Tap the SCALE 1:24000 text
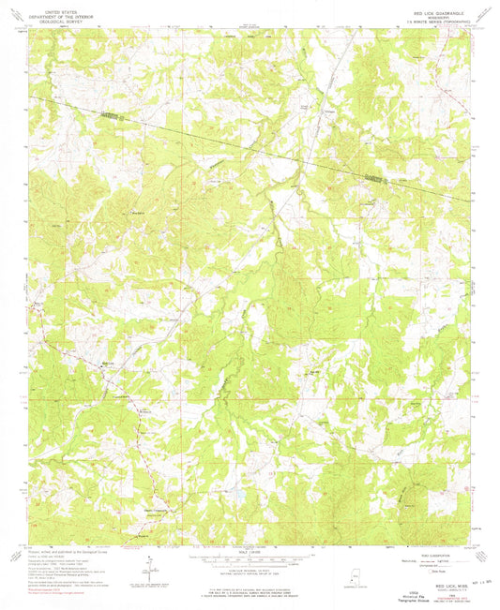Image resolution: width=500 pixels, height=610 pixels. (250, 550)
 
